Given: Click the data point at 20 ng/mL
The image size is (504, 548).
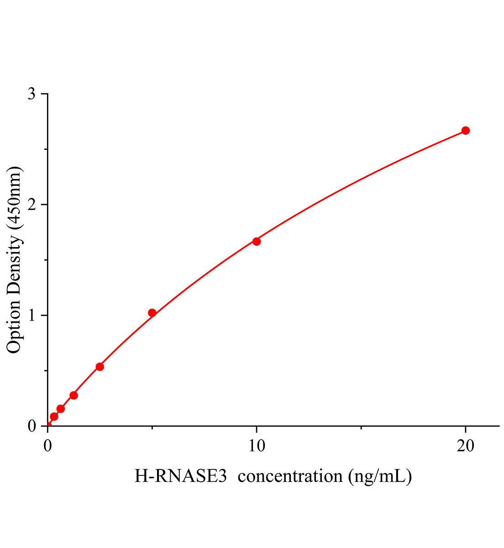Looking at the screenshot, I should point(465,131).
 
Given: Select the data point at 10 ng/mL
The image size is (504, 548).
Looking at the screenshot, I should point(257,241).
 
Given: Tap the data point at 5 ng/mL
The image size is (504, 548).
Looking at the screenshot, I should point(152,313).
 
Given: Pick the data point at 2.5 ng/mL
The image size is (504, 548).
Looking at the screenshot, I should point(100,367).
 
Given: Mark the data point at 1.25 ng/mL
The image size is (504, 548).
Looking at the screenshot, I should point(73,395).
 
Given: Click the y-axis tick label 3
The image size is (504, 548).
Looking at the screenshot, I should point(31,94).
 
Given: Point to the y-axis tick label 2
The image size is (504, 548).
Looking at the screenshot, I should point(31,205).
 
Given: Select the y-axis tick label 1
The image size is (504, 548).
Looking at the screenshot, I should point(31,316).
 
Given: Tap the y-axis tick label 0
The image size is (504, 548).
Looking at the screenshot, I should point(31,426).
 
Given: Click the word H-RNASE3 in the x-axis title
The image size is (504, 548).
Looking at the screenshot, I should point(180,476).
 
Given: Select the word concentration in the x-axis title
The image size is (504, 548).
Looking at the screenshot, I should point(290,476).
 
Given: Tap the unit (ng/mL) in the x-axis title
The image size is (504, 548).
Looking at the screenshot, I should point(380,476).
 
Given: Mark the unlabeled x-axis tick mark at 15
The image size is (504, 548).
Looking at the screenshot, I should point(361,427).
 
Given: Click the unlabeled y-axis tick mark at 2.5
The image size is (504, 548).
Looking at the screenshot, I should point(45,149).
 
